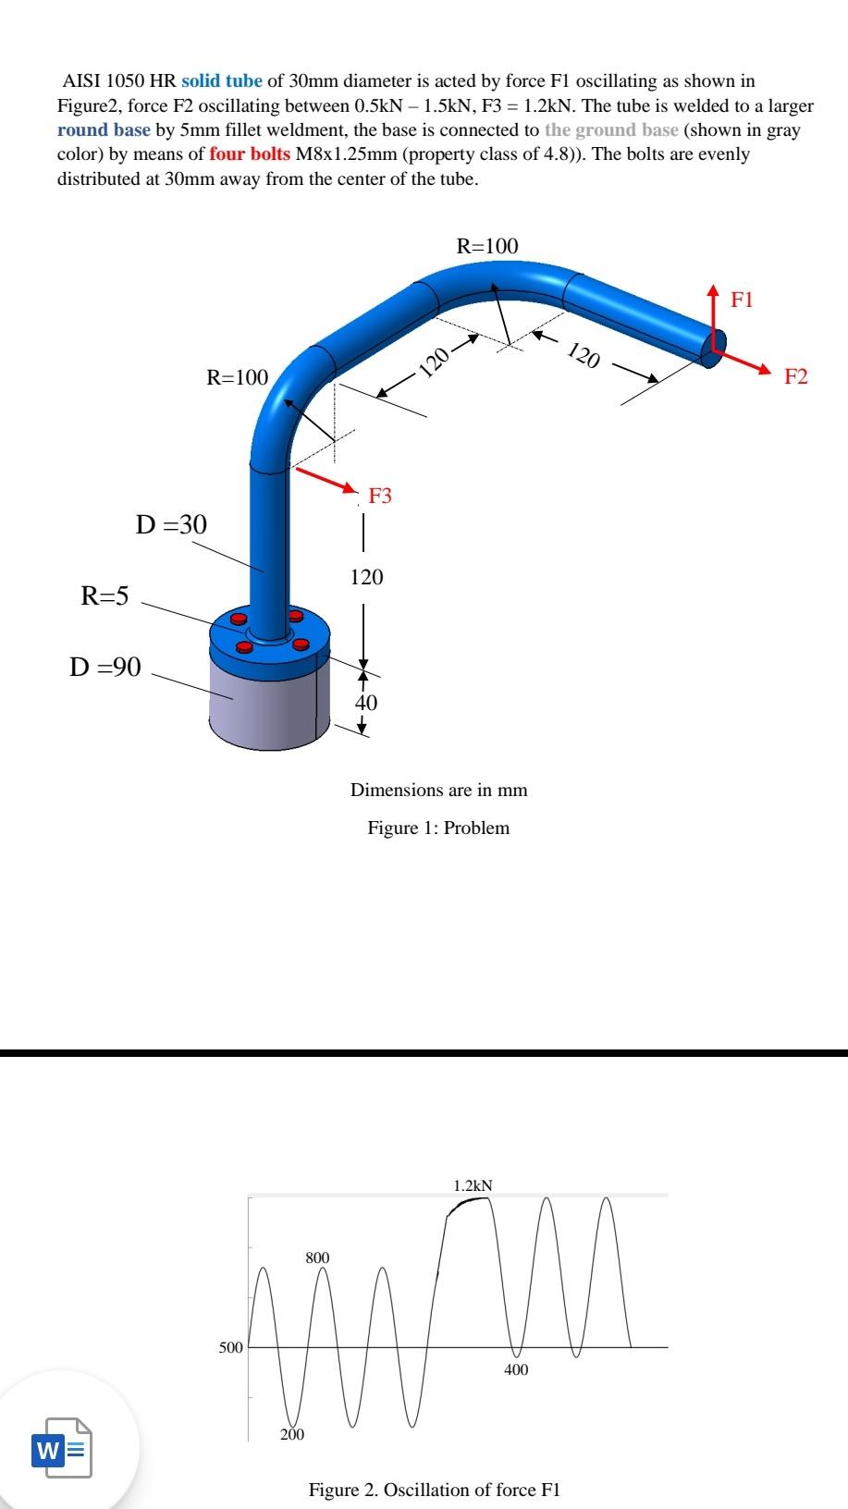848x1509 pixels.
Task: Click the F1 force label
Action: (x=742, y=300)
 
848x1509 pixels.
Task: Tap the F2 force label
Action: (x=795, y=376)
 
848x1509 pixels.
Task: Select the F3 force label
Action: (x=380, y=496)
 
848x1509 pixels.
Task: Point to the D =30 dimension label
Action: (x=171, y=525)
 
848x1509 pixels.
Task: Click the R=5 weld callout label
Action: (x=104, y=595)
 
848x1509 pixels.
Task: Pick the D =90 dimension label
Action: (x=105, y=667)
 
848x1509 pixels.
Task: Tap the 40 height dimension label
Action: (x=366, y=703)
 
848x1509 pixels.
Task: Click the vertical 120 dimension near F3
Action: (x=366, y=578)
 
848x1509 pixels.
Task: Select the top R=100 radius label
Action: (x=487, y=246)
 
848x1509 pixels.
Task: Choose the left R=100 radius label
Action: (x=237, y=377)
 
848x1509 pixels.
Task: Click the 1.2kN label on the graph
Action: (x=473, y=1185)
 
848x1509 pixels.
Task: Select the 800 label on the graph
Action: (x=317, y=1257)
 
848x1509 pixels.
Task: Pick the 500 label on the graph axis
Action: (x=230, y=1347)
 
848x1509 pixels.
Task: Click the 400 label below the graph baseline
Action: (x=516, y=1369)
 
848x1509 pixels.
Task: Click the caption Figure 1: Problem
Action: (x=438, y=828)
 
